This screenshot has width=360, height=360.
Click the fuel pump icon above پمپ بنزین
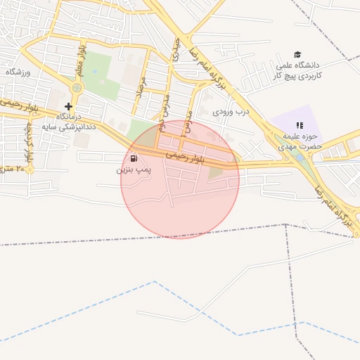tap(134, 159)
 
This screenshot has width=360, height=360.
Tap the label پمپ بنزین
tap(133, 170)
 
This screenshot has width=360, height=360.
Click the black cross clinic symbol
tap(68, 106)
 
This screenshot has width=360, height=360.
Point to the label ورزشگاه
tap(20, 72)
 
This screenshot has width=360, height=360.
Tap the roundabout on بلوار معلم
tap(77, 87)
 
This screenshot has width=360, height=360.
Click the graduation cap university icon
tap(297, 55)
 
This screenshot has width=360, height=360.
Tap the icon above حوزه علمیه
tap(300, 125)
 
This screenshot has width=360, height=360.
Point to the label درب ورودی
tap(232, 111)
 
